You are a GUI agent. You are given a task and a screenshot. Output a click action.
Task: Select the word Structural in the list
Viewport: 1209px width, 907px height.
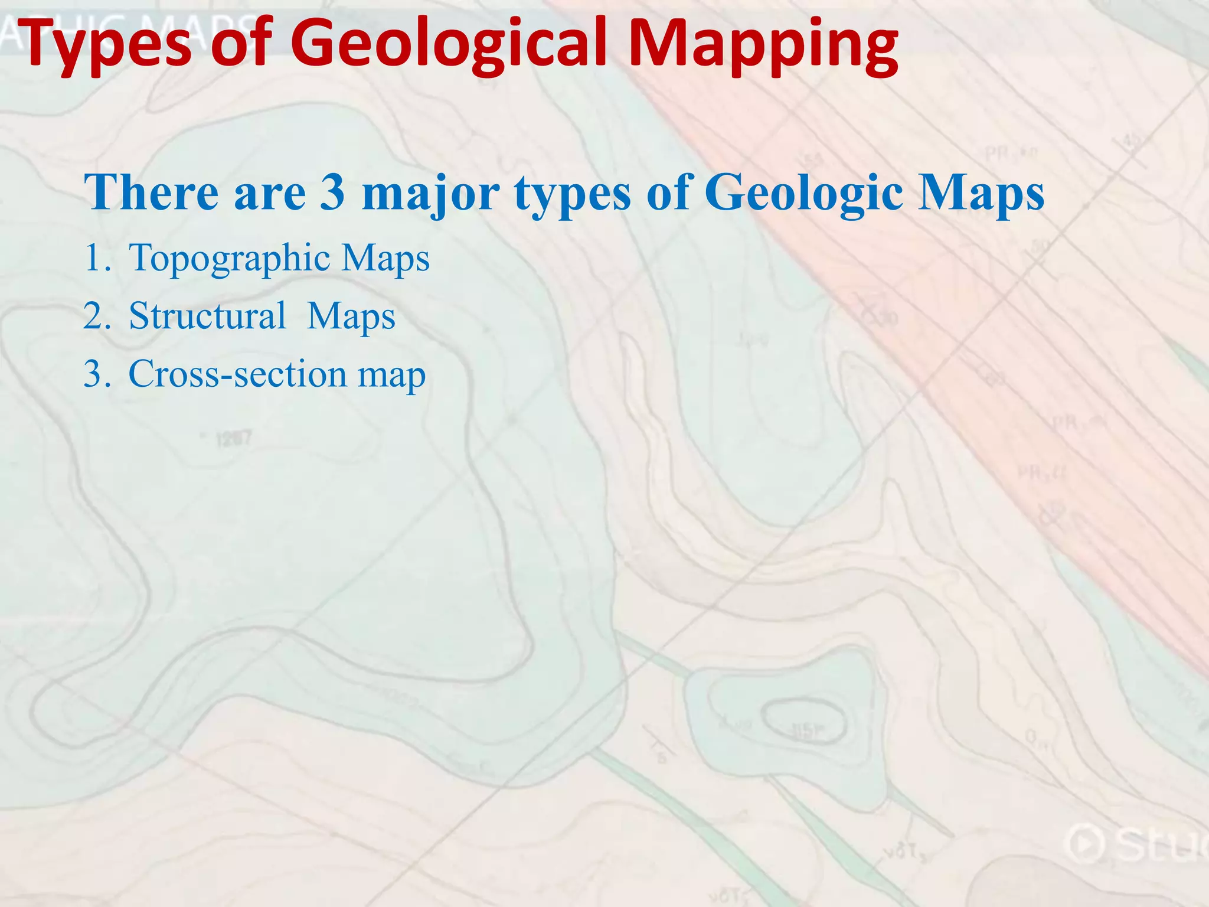point(207,315)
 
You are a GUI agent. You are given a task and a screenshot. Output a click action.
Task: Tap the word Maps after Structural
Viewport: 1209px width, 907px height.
point(351,317)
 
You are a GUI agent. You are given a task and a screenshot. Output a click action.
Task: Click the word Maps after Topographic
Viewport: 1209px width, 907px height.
point(385,259)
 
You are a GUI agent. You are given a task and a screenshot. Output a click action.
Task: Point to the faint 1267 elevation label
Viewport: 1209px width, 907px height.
point(233,439)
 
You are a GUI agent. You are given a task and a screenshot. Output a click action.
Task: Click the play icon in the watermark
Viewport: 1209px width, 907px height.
point(1086,844)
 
